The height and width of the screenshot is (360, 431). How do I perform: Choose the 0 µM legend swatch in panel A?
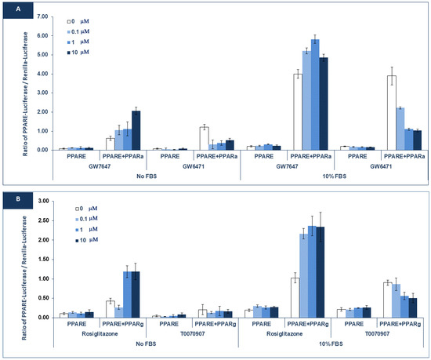[71, 17]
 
